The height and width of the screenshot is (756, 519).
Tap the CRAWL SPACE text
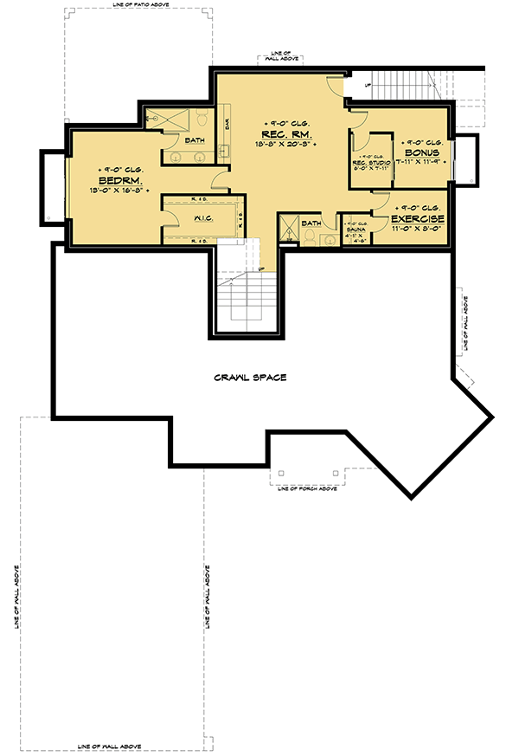click(x=251, y=378)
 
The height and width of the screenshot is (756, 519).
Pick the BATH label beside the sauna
click(x=311, y=223)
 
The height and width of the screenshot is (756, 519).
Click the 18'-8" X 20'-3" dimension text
click(x=285, y=145)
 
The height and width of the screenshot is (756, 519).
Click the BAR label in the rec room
click(x=227, y=124)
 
